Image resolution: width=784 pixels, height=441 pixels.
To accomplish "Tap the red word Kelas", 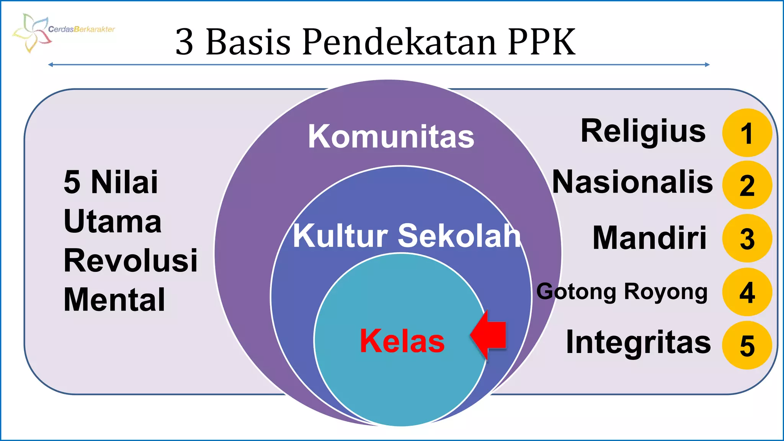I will tap(402, 341).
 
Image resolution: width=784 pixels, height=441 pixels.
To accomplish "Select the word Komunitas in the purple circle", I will tap(391, 137).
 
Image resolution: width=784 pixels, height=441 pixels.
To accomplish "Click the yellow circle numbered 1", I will tap(747, 133).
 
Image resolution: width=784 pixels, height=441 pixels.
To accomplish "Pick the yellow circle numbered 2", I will tap(747, 185).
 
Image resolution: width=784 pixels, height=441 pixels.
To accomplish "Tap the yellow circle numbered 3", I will tap(747, 238).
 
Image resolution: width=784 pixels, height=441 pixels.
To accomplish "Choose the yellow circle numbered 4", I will tap(747, 292).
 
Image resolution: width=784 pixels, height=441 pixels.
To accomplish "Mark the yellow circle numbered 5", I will tap(747, 345).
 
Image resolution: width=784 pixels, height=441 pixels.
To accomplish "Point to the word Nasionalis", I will tap(632, 182).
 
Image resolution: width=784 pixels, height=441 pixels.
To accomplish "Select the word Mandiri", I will tap(649, 238).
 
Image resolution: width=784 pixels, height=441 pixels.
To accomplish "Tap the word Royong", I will tap(666, 292).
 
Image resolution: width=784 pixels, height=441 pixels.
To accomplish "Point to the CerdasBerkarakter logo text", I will tap(82, 29).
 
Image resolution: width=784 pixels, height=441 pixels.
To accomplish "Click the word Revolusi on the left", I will tap(131, 261).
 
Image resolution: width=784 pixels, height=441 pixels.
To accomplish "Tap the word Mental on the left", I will tap(114, 300).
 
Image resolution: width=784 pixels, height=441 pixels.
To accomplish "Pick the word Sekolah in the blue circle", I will tap(459, 235).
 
